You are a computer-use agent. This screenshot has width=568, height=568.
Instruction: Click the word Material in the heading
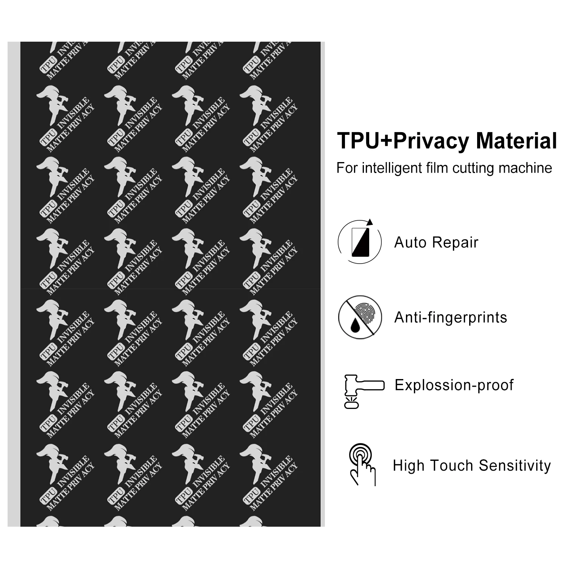pyautogui.click(x=517, y=141)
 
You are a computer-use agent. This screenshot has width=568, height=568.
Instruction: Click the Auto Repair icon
pyautogui.click(x=360, y=242)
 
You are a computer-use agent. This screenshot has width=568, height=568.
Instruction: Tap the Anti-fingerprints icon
pyautogui.click(x=360, y=317)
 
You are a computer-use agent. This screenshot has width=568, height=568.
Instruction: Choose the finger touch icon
pyautogui.click(x=362, y=465)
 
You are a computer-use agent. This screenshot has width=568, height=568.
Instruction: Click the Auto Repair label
pyautogui.click(x=436, y=242)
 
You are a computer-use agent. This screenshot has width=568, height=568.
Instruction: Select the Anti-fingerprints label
pyautogui.click(x=451, y=317)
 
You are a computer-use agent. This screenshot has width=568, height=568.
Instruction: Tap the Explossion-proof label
pyautogui.click(x=454, y=385)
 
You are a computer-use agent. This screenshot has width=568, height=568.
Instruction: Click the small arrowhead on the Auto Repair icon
pyautogui.click(x=370, y=222)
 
